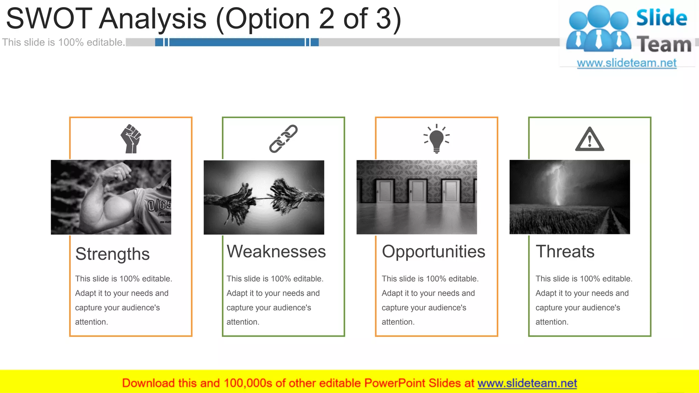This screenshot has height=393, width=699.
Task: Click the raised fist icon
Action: pyautogui.click(x=131, y=139)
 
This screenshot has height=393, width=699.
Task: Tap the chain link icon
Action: pyautogui.click(x=283, y=139)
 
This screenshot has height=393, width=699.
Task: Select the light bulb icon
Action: pyautogui.click(x=437, y=139)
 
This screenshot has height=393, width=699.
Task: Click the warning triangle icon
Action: pyautogui.click(x=589, y=140)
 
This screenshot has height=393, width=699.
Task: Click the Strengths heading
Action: pyautogui.click(x=112, y=254)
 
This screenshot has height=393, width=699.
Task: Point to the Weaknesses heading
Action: pyautogui.click(x=276, y=251)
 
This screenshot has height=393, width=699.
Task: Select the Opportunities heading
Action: pyautogui.click(x=433, y=251)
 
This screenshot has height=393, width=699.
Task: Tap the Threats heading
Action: pyautogui.click(x=565, y=251)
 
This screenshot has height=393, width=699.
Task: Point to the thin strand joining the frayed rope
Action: pyautogui.click(x=263, y=198)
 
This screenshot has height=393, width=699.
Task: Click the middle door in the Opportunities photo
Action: pyautogui.click(x=417, y=191)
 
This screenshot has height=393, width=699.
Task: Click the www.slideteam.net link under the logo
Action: pyautogui.click(x=626, y=63)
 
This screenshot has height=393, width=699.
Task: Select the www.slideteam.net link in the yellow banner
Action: pyautogui.click(x=527, y=383)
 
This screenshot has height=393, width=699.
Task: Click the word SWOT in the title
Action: pyautogui.click(x=49, y=18)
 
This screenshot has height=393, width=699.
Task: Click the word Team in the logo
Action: pyautogui.click(x=664, y=45)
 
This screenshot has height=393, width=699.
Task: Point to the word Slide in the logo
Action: pyautogui.click(x=661, y=18)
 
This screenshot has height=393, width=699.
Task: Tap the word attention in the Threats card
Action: pyautogui.click(x=551, y=322)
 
